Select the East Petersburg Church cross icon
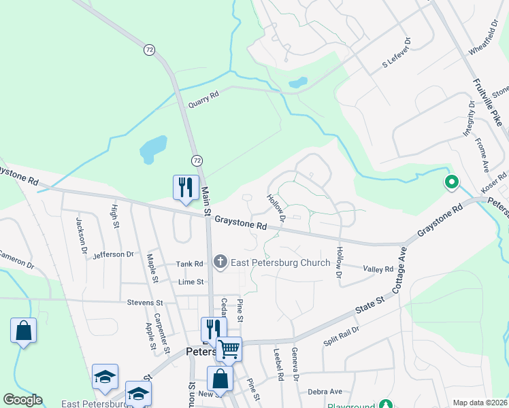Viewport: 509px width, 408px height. (x=220, y=261)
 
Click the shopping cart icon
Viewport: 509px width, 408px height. (x=229, y=350)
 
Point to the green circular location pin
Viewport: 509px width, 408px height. (x=450, y=182)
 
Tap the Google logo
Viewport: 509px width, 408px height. (x=22, y=400)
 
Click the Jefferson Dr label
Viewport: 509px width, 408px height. (x=113, y=254)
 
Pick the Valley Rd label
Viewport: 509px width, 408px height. (x=378, y=269)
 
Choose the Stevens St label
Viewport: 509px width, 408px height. (x=145, y=302)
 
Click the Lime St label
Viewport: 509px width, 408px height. (x=191, y=282)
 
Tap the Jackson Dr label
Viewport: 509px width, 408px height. (x=82, y=235)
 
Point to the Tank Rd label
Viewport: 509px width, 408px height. (x=189, y=264)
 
